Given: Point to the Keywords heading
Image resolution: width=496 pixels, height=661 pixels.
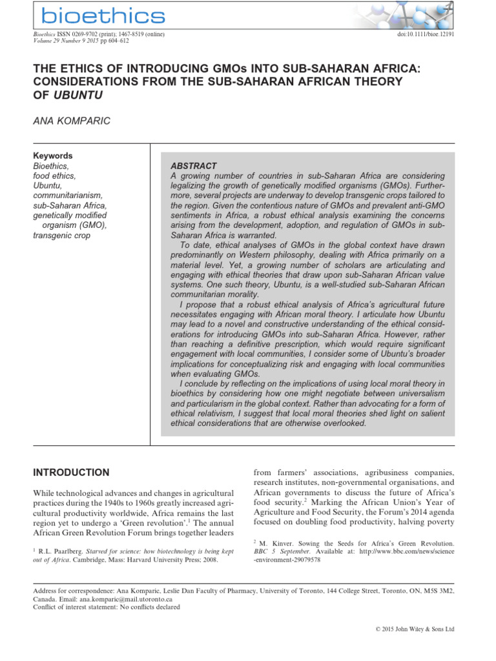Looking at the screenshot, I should [53, 156].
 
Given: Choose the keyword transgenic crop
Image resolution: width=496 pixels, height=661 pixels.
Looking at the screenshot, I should [61, 236].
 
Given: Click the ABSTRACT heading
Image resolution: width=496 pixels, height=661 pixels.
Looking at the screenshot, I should [194, 166].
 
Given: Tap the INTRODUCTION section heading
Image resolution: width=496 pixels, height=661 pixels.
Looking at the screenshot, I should [72, 473].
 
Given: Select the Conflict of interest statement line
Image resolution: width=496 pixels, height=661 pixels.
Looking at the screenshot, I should [107, 607].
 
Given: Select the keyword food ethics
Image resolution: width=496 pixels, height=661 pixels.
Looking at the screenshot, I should [54, 176].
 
